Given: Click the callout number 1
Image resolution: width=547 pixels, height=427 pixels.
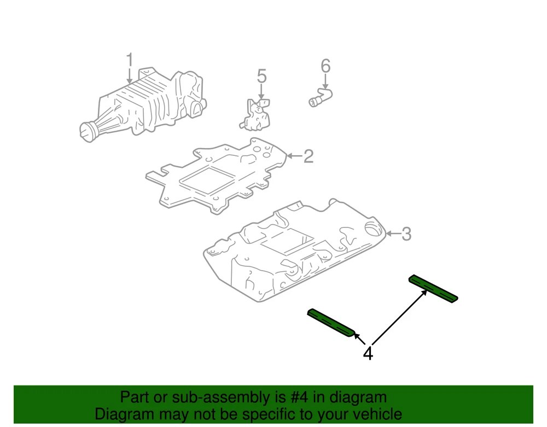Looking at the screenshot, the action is (x=130, y=60).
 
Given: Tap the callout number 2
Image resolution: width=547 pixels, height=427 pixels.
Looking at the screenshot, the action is (x=309, y=156).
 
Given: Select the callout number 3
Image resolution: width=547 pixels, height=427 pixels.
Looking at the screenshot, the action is (x=406, y=234).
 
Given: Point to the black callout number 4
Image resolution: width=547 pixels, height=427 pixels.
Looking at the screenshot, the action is (x=368, y=353).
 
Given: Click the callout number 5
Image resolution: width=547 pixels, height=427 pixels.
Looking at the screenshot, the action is (x=261, y=77).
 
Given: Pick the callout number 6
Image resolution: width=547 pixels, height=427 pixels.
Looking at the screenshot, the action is (x=325, y=66).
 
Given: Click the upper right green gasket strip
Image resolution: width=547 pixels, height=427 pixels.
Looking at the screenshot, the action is (x=433, y=289).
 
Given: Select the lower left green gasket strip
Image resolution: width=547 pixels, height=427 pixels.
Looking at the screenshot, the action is (x=331, y=323).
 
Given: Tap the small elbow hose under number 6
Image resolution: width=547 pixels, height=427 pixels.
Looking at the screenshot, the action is (x=321, y=97).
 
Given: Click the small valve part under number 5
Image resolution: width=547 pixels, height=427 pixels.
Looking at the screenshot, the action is (x=255, y=114).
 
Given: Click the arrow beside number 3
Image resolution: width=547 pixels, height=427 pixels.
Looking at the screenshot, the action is (x=393, y=233).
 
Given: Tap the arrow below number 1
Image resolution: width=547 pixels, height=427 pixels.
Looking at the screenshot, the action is (x=130, y=77).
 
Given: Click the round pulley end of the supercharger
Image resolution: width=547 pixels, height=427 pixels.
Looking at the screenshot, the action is (x=88, y=132).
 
